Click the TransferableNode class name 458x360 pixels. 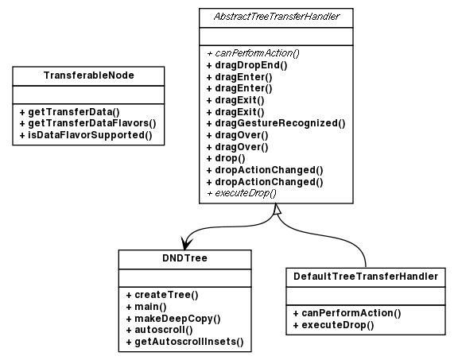click(87, 75)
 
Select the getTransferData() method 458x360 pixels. click(68, 113)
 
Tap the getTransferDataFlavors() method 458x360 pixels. click(86, 124)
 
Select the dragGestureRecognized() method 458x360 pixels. click(275, 123)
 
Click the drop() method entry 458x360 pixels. click(225, 158)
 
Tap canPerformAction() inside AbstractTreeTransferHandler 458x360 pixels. click(252, 52)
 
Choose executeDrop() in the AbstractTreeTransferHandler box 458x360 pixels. click(241, 193)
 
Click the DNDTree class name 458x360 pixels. click(184, 258)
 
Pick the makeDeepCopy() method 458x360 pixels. click(173, 318)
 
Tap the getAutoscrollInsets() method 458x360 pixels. click(184, 342)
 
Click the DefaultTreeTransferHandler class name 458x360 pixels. click(365, 277)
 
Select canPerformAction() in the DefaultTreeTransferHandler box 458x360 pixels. click(346, 313)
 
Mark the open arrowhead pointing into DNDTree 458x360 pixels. click(186, 242)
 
